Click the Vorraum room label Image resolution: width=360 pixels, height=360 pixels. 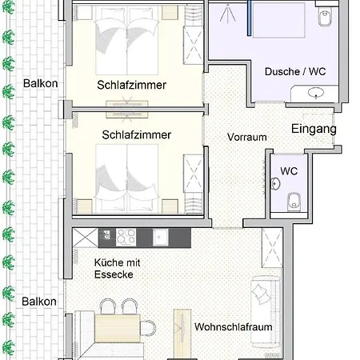247,137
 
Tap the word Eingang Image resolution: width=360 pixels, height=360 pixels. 314,129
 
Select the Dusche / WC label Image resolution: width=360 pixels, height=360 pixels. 295,71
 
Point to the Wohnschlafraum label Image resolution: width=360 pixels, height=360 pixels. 234,327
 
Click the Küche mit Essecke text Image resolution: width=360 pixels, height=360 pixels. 117,269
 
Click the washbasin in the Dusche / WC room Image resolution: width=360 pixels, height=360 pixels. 316,93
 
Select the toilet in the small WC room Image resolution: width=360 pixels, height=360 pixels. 294,202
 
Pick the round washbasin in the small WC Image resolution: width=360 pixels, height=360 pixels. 275,183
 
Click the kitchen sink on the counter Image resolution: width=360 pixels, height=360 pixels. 160,237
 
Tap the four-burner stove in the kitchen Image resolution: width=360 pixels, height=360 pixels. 126,237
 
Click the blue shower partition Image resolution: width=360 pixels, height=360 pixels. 250,18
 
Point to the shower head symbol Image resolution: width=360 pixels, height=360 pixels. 227,13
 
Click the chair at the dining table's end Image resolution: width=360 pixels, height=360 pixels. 148,328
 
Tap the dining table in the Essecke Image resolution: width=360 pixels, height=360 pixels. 118,328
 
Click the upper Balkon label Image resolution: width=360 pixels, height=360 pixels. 41,83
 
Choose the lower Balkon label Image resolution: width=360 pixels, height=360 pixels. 39,302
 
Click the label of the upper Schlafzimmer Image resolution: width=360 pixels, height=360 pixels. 132,85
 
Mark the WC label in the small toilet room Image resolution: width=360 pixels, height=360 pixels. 289,171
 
